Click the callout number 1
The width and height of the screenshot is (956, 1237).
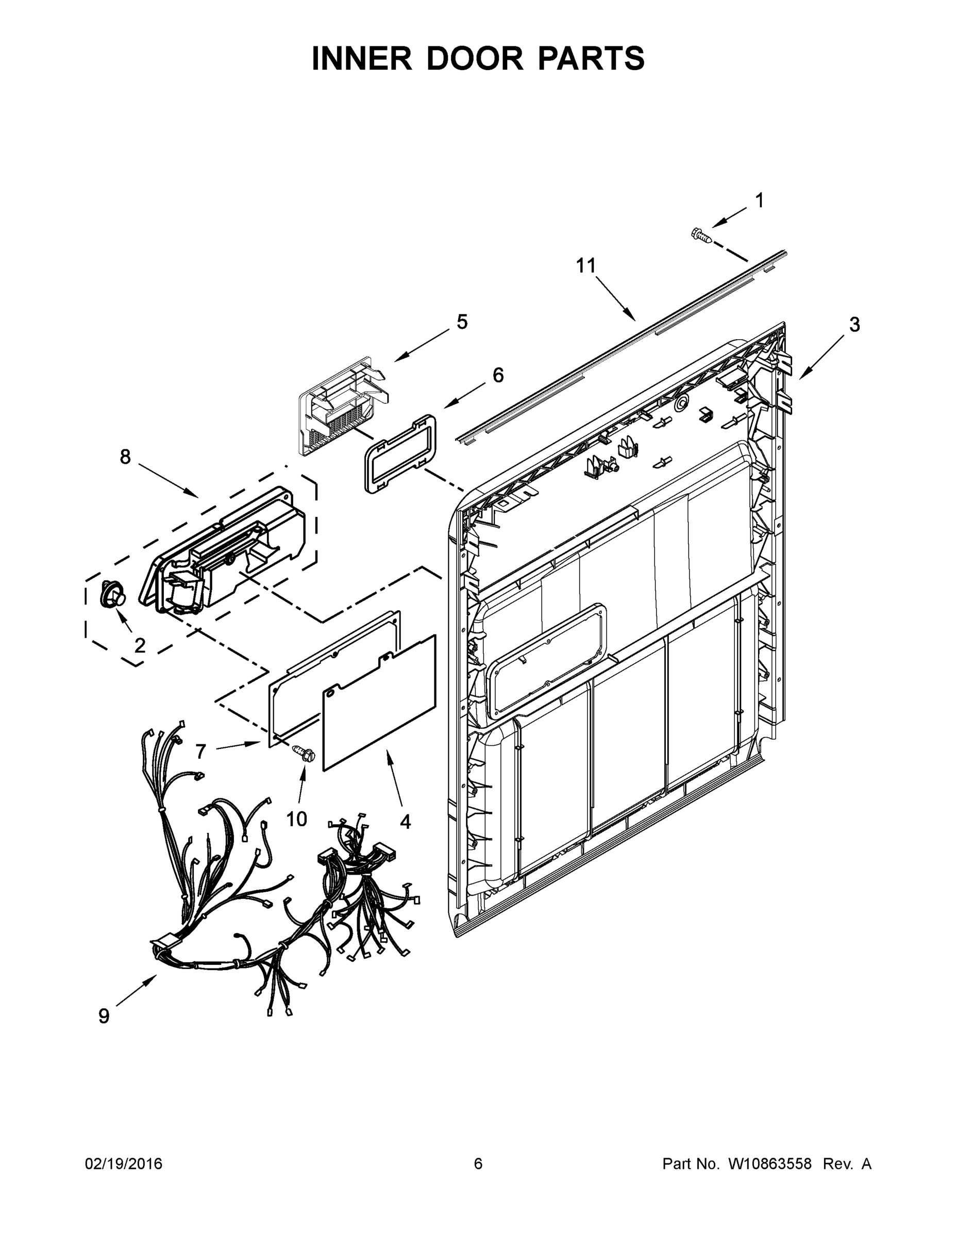(760, 200)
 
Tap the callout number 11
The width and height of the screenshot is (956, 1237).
(586, 265)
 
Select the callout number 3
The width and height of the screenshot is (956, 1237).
(854, 325)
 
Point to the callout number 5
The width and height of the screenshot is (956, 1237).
(462, 322)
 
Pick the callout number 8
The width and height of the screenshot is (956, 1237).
(125, 457)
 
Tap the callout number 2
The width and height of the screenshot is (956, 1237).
(139, 645)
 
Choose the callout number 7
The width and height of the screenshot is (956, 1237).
(200, 751)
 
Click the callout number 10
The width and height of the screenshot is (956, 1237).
(296, 818)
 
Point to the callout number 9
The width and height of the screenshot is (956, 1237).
(104, 1016)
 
